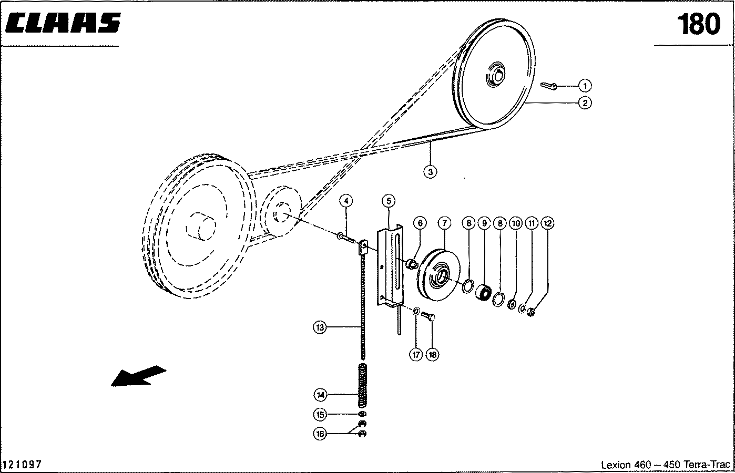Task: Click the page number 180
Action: [698, 24]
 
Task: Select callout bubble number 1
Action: [585, 85]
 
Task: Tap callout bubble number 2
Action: [585, 102]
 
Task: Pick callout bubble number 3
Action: [430, 171]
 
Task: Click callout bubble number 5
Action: [389, 200]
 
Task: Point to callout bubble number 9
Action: [484, 223]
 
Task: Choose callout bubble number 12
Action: [547, 223]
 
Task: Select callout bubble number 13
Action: [319, 327]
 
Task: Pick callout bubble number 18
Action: [432, 355]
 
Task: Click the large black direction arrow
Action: [138, 376]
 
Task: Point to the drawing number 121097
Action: [23, 465]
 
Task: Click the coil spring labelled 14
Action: [362, 385]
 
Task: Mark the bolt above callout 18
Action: [428, 316]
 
